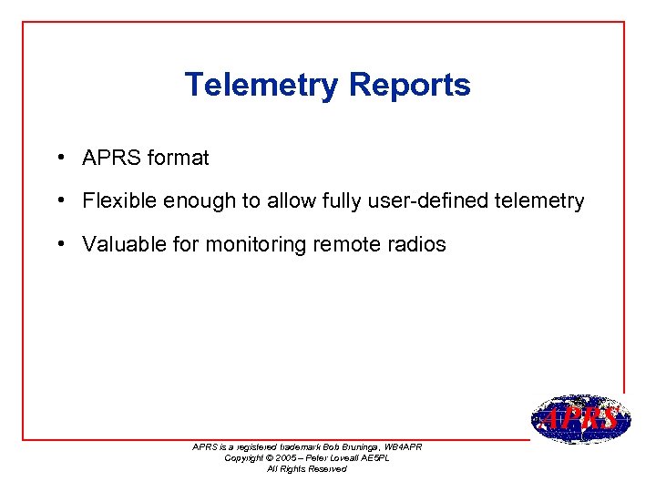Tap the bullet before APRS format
58,157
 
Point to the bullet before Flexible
58,200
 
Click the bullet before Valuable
58,243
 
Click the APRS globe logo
579,419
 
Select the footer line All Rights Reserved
306,468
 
